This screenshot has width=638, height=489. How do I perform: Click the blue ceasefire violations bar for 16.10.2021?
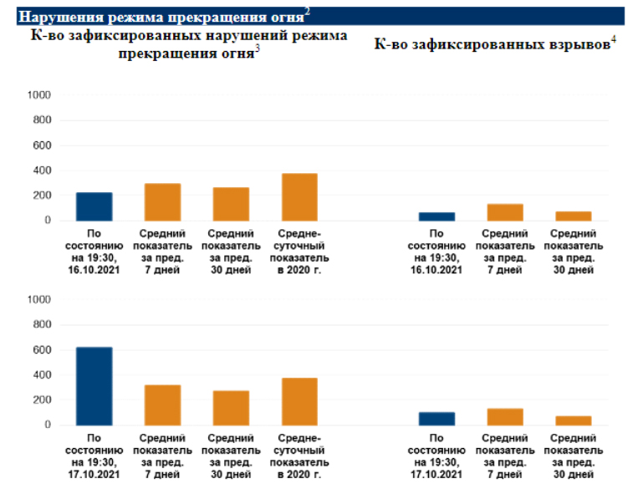pyautogui.click(x=94, y=206)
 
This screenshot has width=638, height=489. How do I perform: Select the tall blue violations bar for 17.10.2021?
pyautogui.click(x=94, y=386)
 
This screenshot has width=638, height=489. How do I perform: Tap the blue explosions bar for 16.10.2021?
pyautogui.click(x=436, y=216)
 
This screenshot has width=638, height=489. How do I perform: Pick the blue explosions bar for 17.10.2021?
pyautogui.click(x=436, y=419)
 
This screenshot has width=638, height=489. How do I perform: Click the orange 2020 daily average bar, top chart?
pyautogui.click(x=299, y=197)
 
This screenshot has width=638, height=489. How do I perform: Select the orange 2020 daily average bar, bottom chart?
pyautogui.click(x=299, y=401)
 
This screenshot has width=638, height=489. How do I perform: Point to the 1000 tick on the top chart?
pyautogui.click(x=41, y=95)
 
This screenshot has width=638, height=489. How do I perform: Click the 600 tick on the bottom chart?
pyautogui.click(x=43, y=349)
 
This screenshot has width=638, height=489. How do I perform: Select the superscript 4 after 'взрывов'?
pyautogui.click(x=614, y=39)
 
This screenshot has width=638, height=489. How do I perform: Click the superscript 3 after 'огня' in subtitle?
pyautogui.click(x=258, y=48)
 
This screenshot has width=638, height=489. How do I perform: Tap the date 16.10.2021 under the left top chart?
pyautogui.click(x=94, y=269)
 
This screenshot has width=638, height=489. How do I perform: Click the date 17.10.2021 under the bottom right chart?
pyautogui.click(x=436, y=474)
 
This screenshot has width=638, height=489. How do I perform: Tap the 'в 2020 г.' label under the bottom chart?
pyautogui.click(x=299, y=474)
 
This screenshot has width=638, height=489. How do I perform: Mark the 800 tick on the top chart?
pyautogui.click(x=43, y=120)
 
